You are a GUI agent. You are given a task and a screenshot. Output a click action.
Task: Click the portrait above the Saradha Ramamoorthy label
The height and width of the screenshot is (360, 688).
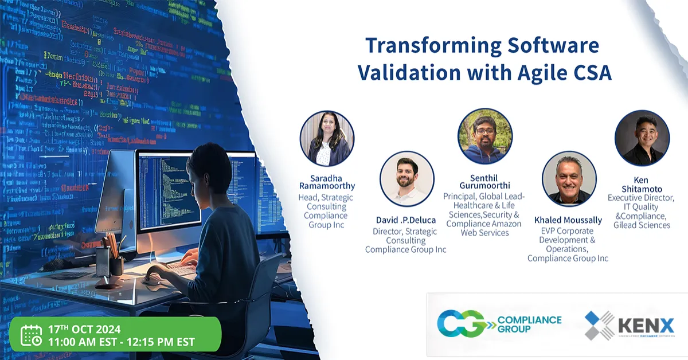(x=327, y=139)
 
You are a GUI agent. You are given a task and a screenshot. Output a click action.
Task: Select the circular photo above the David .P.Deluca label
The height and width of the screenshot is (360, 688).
(x=406, y=179)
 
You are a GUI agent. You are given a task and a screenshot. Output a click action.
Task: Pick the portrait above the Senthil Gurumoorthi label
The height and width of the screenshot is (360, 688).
(x=484, y=136)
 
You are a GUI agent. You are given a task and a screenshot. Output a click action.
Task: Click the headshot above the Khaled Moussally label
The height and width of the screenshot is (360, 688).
(x=569, y=179)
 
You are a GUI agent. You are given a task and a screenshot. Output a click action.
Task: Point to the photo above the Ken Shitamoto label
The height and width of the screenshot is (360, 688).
(x=642, y=138)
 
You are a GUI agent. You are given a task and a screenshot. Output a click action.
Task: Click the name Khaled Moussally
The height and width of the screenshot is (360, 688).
(x=568, y=220)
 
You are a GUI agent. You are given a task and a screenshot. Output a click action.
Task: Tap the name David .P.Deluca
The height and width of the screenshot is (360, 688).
(x=405, y=221)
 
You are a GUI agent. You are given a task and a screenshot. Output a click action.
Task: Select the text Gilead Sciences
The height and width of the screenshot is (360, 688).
(x=641, y=225)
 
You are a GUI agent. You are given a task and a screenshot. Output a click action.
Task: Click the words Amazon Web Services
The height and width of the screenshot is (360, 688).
(x=484, y=228)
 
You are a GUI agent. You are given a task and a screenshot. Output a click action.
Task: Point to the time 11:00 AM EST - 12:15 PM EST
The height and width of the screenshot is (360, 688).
(x=122, y=342)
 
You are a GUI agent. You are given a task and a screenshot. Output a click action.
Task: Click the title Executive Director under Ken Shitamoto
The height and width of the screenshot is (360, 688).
(x=641, y=198)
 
